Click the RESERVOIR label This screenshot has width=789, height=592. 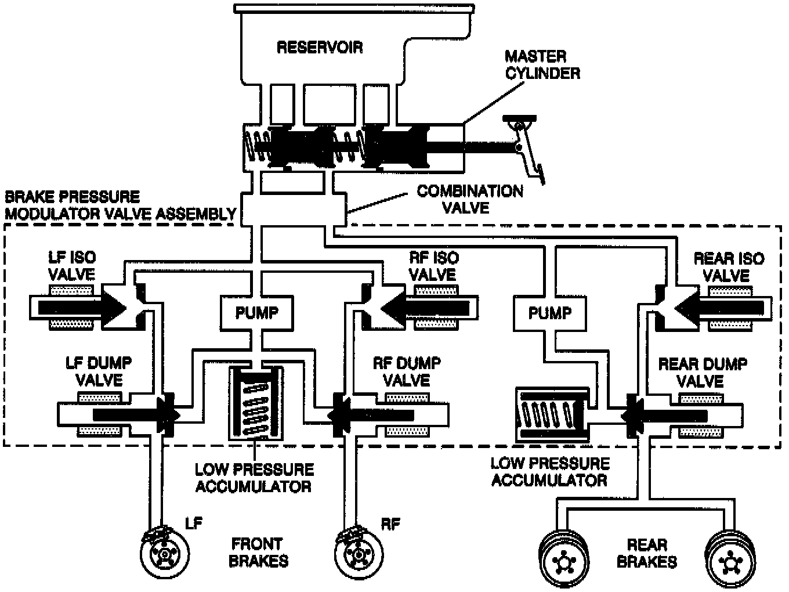point(320,47)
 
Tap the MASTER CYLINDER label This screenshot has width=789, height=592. point(542,65)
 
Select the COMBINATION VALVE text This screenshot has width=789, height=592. point(470,199)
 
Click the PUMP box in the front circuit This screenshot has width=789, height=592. point(256,313)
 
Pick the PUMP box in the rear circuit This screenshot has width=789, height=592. point(549,313)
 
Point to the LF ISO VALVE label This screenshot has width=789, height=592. point(72,265)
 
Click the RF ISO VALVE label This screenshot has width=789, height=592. point(433,265)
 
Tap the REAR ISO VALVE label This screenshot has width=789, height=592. point(729,266)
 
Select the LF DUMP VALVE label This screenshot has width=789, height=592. point(99,371)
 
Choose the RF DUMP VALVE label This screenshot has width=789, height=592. point(406,371)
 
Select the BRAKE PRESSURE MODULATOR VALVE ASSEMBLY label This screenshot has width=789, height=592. point(121,205)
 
